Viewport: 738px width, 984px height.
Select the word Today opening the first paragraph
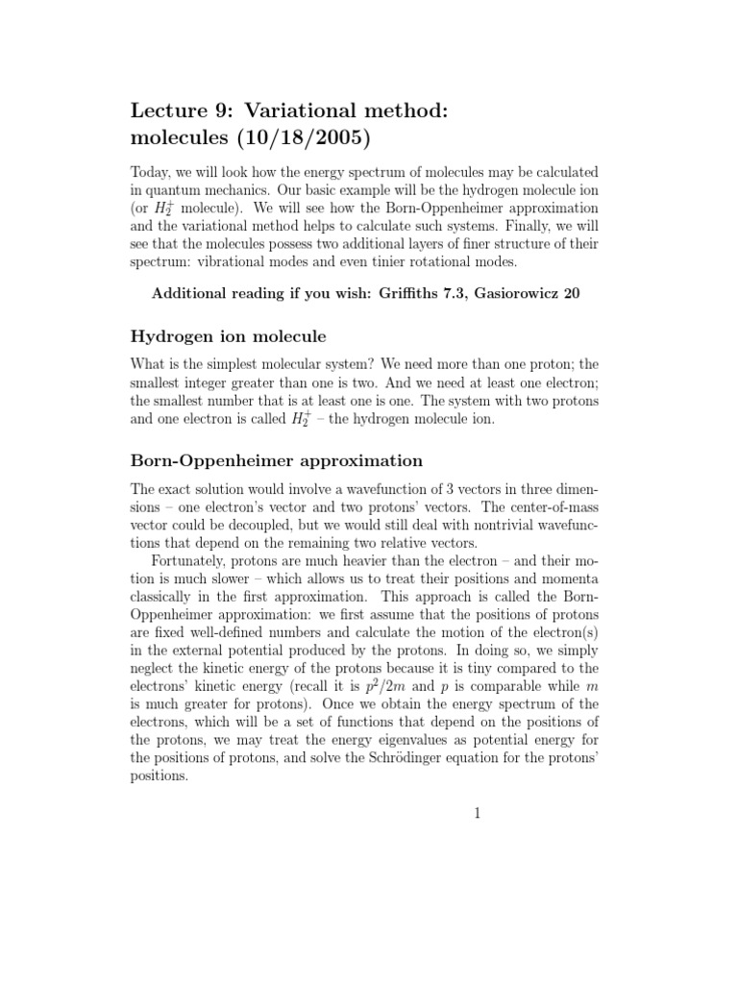coord(151,171)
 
